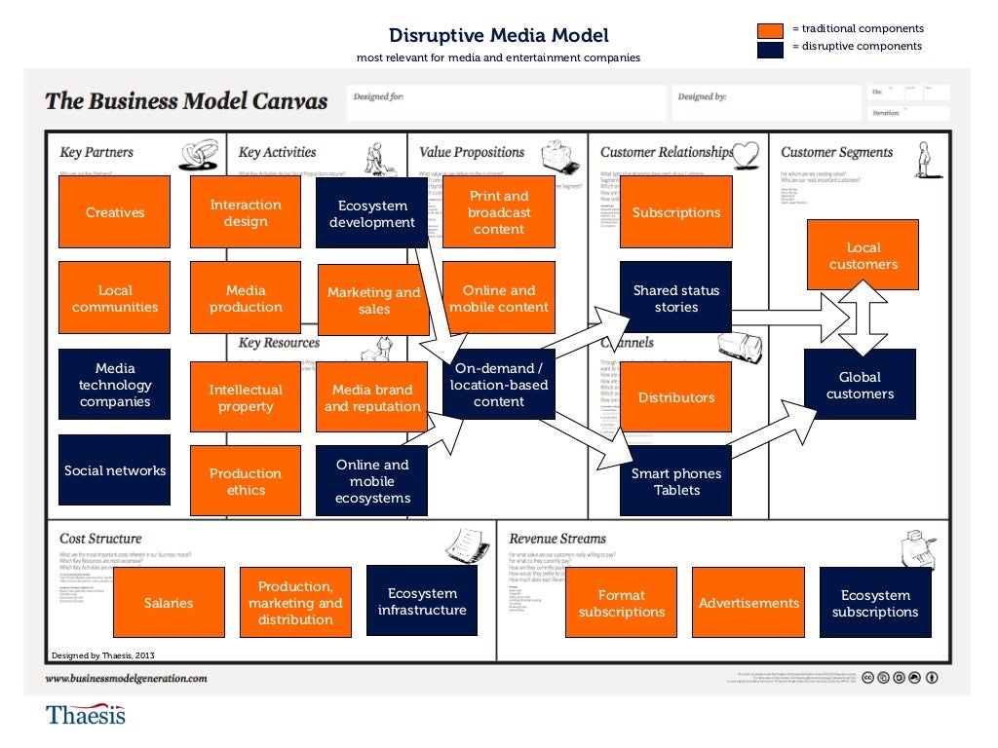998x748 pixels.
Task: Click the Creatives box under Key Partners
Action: (115, 212)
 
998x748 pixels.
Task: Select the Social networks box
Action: (115, 470)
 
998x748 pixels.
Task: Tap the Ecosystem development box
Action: (371, 214)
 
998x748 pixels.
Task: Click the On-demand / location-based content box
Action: (499, 385)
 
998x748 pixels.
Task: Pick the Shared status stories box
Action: (675, 299)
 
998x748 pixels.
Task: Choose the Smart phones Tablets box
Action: (675, 481)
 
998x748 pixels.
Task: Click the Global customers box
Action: (860, 386)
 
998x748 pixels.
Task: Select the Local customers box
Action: (863, 255)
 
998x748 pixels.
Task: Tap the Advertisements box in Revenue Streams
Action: (748, 603)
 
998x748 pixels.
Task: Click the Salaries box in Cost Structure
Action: (169, 603)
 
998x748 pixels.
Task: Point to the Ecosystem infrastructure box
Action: (422, 602)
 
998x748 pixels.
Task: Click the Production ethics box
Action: (246, 481)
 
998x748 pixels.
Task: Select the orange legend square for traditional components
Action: (771, 30)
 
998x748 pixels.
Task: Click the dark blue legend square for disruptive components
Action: (771, 49)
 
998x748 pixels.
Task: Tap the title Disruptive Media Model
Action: (498, 36)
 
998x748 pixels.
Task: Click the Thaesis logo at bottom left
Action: (86, 715)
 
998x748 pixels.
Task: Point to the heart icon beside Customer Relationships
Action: (746, 153)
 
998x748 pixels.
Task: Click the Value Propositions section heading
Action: (472, 152)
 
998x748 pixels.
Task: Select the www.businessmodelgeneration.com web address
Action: (127, 678)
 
